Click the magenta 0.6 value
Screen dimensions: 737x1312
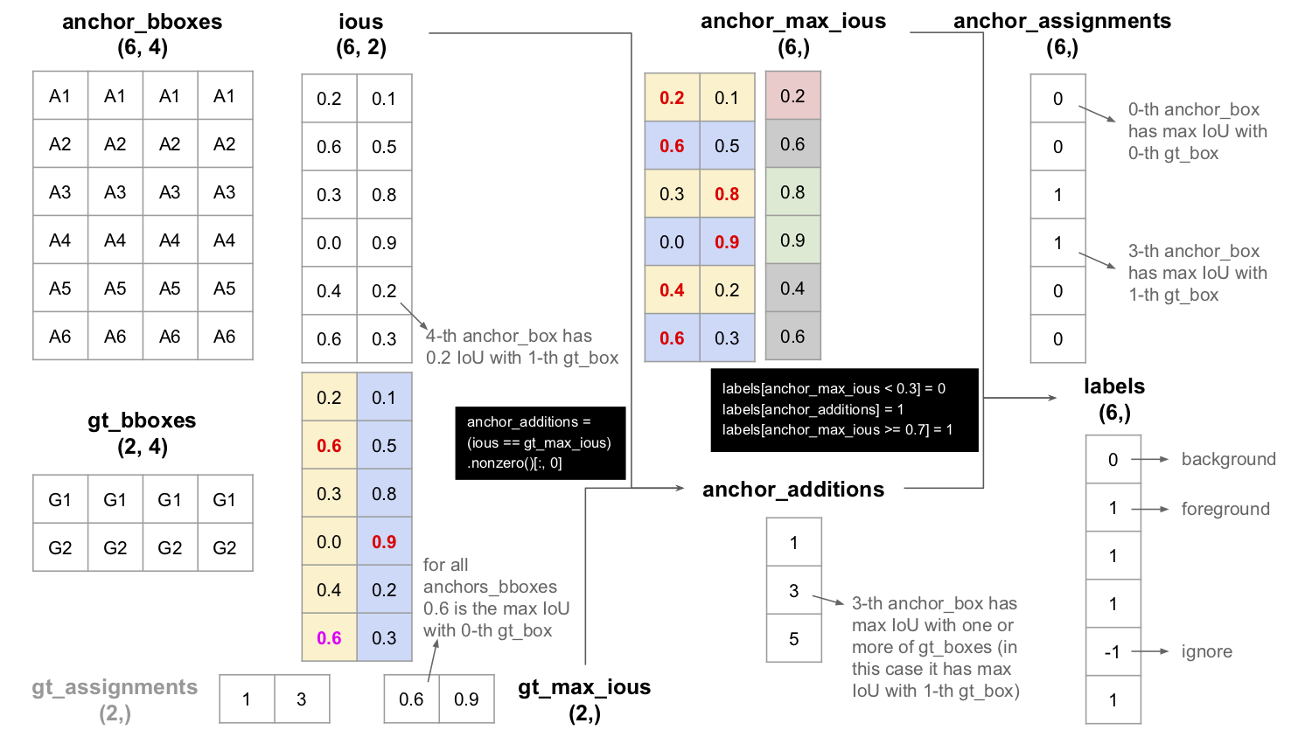[329, 638]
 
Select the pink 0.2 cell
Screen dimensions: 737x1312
[792, 96]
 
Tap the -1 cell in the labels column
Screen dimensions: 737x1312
[1113, 652]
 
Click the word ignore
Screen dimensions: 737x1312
[1206, 651]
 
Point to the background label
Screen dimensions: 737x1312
[1228, 459]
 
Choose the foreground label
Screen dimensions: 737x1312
[1225, 509]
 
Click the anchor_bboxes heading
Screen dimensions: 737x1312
[142, 22]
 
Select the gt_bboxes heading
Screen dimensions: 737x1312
[142, 421]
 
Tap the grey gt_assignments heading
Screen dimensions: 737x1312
[115, 687]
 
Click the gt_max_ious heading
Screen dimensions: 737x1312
[584, 687]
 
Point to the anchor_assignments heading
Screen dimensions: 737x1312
[1062, 21]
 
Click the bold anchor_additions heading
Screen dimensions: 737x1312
[793, 490]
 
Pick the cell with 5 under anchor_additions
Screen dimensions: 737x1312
[793, 639]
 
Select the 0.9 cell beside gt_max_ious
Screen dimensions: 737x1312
[466, 699]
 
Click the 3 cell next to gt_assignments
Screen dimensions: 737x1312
[302, 699]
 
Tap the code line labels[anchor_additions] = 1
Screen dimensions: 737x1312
[813, 409]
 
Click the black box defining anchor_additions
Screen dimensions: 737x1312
[540, 442]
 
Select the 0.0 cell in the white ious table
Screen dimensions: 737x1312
[329, 243]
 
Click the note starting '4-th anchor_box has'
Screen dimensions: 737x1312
[521, 347]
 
